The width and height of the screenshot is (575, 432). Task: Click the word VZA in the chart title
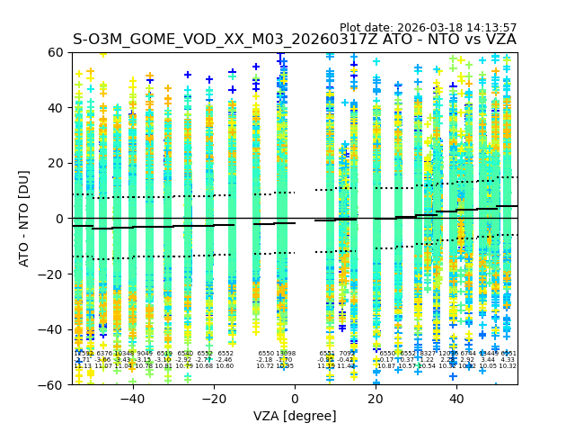(499, 40)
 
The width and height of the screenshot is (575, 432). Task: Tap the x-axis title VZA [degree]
(295, 416)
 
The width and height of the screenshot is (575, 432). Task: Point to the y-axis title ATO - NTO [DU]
(24, 218)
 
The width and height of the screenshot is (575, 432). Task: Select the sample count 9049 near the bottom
(145, 354)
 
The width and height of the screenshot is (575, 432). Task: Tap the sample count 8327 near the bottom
(427, 354)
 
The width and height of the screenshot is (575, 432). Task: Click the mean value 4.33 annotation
(508, 360)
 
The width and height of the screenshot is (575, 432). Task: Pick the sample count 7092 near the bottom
(346, 354)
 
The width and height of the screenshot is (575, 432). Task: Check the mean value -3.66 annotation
(103, 360)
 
